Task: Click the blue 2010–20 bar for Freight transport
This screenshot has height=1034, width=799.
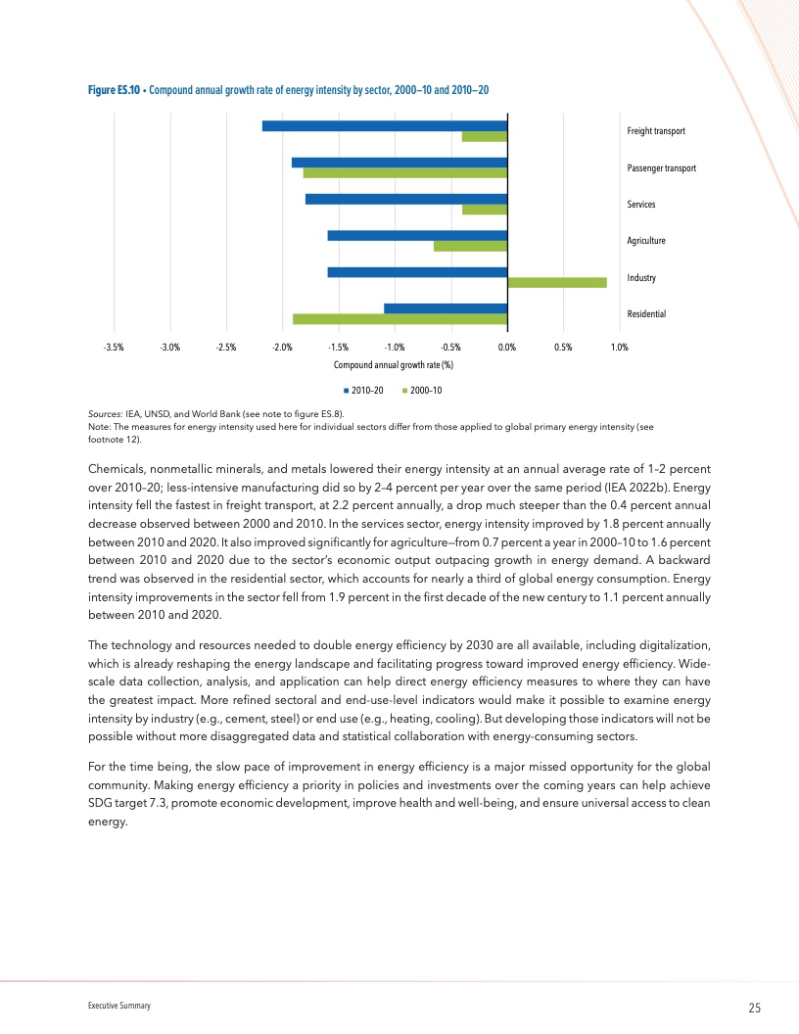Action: coord(384,125)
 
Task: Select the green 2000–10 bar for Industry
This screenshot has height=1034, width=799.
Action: coord(556,283)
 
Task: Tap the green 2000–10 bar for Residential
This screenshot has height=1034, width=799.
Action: coord(399,319)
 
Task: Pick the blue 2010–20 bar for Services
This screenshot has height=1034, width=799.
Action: coord(405,199)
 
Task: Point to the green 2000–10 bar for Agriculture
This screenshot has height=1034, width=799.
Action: coord(470,246)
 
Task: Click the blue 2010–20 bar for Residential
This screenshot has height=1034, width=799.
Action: coord(445,308)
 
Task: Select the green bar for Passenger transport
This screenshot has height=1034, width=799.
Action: coord(404,173)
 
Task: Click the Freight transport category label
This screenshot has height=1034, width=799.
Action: coord(655,131)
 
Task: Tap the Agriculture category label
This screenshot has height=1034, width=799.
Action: coord(646,240)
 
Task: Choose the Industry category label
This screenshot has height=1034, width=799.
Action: coord(640,278)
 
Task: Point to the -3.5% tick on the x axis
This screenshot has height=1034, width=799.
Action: coord(114,347)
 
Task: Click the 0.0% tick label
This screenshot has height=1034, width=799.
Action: coord(507,347)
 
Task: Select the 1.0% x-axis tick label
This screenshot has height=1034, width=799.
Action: coord(619,347)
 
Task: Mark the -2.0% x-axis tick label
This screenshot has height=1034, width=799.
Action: coord(282,347)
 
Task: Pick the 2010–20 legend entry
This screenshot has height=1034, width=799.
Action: coord(362,391)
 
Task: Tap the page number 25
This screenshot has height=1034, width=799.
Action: coord(755,1009)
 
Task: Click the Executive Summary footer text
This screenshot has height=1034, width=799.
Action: coord(117,1007)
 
